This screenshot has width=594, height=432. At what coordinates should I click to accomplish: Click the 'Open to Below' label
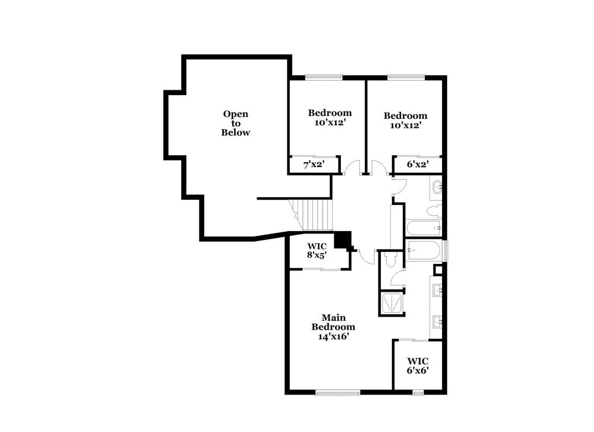pyautogui.click(x=236, y=123)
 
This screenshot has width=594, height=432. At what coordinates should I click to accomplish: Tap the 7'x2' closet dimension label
pyautogui.click(x=313, y=165)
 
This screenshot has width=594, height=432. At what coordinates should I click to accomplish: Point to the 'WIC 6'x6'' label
pyautogui.click(x=418, y=365)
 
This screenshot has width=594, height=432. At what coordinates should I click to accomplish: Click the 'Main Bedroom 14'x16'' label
pyautogui.click(x=334, y=326)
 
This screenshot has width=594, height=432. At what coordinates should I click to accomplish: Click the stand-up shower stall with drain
pyautogui.click(x=391, y=303)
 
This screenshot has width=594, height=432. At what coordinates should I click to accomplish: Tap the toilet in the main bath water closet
pyautogui.click(x=390, y=260)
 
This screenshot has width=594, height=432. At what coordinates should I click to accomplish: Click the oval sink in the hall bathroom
pyautogui.click(x=438, y=188)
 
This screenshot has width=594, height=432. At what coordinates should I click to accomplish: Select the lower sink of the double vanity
pyautogui.click(x=438, y=323)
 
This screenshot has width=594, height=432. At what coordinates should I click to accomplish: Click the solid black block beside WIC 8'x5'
pyautogui.click(x=342, y=239)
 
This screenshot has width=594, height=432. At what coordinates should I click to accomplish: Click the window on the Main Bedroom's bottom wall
pyautogui.click(x=337, y=392)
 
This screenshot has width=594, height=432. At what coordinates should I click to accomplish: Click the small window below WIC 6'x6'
pyautogui.click(x=418, y=392)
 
